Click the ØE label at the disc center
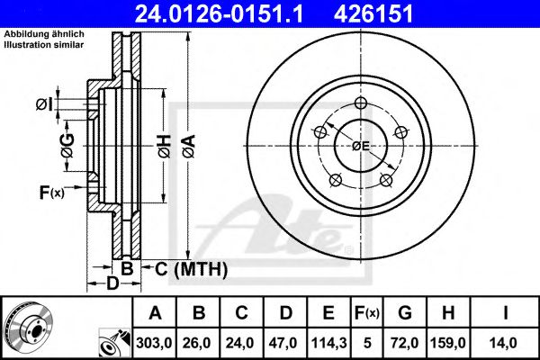[360, 146]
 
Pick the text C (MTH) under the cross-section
[190, 269]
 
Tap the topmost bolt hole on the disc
[360, 103]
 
